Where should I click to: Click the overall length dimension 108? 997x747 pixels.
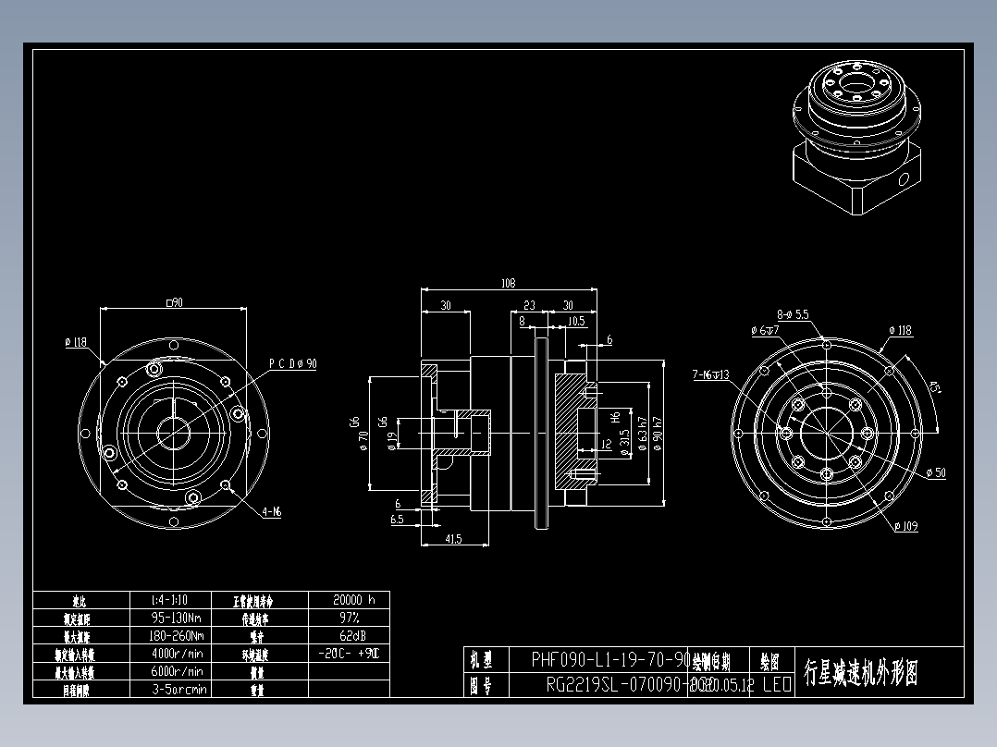[508, 284]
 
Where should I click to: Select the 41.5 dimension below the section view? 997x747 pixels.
[453, 539]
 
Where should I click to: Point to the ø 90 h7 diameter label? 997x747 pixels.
[658, 431]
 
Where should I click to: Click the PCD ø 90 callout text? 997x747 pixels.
[293, 364]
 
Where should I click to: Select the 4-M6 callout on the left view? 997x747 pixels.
[271, 511]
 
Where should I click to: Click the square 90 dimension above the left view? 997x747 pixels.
[173, 302]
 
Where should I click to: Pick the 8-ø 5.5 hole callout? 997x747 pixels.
[793, 314]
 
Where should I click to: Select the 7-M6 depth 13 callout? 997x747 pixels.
[710, 375]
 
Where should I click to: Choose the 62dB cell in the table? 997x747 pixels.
[350, 636]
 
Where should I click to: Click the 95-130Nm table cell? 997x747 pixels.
[178, 618]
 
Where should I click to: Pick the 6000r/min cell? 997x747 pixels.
[178, 672]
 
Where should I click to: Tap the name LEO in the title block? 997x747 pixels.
[776, 685]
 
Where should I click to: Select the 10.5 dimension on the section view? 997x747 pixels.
[576, 321]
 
